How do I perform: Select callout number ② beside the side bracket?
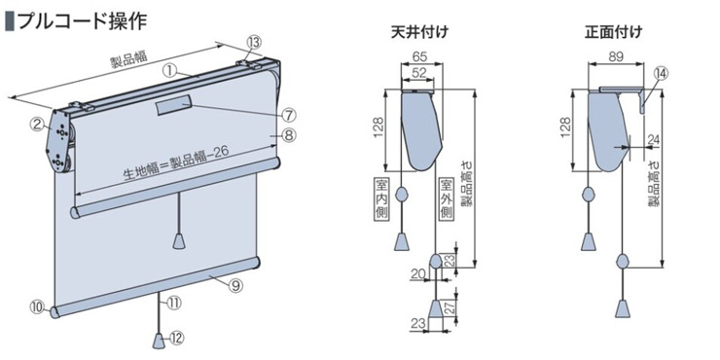pos(37,123)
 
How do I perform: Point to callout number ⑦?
pos(288,114)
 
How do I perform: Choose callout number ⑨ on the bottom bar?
pos(234,286)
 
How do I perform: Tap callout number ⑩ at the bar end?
pos(39,306)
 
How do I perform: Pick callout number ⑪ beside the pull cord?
pos(174,303)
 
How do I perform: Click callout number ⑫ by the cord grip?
pos(177,339)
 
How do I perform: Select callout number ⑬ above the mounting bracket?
pos(254,43)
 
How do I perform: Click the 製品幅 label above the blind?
pos(129,60)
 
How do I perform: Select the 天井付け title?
pos(419,33)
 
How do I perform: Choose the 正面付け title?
pos(614,33)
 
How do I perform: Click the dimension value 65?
pos(417,56)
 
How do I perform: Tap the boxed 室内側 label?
pos(381,198)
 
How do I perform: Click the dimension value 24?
pos(654,139)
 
